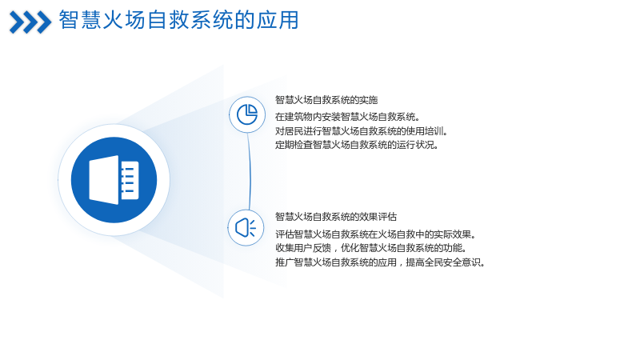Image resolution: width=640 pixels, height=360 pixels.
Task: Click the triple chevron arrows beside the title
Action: click(30, 22)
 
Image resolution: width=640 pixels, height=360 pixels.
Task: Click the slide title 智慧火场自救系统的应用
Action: click(178, 20)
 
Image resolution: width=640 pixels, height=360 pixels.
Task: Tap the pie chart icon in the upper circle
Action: click(247, 114)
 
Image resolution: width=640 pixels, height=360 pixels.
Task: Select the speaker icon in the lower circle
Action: click(246, 228)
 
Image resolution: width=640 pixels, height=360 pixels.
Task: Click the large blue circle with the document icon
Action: click(114, 180)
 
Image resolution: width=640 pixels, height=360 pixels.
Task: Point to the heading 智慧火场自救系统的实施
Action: click(326, 100)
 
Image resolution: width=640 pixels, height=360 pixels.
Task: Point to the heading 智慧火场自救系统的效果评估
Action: click(336, 217)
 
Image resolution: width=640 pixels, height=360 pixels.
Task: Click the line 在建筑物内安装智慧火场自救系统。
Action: click(347, 117)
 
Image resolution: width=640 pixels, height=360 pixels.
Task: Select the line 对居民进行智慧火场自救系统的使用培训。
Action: click(362, 131)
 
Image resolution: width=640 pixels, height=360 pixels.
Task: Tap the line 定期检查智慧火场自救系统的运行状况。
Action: click(357, 145)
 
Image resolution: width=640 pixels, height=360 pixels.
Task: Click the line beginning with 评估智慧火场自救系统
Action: click(376, 234)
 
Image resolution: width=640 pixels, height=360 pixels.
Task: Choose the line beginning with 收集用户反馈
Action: click(371, 248)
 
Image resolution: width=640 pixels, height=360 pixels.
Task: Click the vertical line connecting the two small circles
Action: click(249, 171)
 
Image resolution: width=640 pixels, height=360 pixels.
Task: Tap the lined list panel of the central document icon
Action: click(130, 181)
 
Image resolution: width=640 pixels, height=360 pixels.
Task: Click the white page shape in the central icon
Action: click(104, 180)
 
